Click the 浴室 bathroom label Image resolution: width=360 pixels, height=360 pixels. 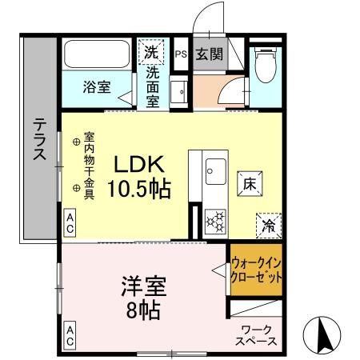98,87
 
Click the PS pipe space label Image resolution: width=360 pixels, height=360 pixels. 180,54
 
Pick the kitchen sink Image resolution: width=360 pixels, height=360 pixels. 215,170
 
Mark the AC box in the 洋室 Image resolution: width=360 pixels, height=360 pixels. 70,335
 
